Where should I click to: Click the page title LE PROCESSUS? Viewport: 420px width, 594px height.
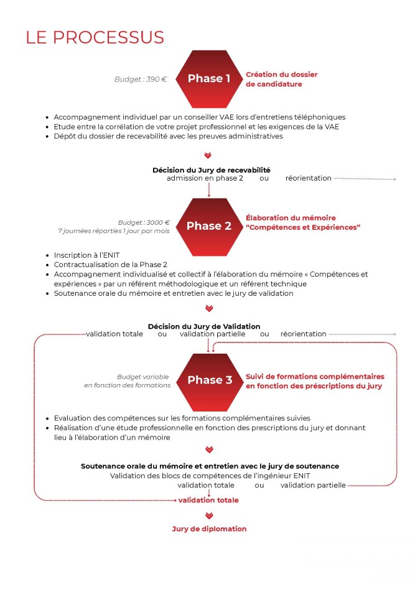point(95,37)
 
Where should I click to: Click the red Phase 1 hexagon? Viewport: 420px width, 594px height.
point(208,78)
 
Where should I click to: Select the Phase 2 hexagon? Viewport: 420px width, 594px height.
point(208,226)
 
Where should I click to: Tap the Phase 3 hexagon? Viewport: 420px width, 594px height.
point(209,380)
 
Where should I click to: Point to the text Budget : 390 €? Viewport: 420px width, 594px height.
point(141,79)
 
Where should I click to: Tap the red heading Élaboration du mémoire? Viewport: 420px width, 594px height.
point(291,218)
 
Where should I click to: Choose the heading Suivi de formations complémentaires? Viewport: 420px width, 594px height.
point(315,377)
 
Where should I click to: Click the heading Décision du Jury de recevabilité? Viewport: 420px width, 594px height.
point(211,170)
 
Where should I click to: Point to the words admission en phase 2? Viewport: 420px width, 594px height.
point(205,178)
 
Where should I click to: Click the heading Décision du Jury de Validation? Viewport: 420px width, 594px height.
point(203,326)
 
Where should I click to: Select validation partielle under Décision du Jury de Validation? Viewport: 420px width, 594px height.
point(212,334)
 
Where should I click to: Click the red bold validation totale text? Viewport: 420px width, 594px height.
point(208,500)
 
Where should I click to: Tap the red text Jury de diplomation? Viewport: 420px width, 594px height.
point(209,529)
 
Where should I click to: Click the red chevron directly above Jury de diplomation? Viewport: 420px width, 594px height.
point(209,516)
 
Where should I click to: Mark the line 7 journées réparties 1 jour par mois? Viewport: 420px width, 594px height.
point(113,231)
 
